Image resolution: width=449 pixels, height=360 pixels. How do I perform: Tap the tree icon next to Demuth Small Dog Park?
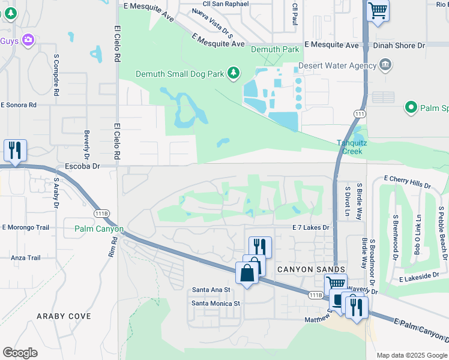[234, 74]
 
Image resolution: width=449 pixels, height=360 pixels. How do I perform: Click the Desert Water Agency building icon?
[385, 65]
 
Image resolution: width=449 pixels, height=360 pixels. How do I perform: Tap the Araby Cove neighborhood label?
[64, 316]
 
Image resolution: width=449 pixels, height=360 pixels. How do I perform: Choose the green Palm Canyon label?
[99, 229]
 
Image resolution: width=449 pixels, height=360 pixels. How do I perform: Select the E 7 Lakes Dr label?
[311, 227]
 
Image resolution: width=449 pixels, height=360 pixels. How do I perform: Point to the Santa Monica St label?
[215, 303]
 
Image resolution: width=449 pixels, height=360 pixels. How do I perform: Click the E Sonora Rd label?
[19, 104]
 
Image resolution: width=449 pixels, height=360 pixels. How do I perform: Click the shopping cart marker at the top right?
[378, 10]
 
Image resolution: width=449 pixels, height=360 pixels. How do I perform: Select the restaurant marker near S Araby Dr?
[14, 150]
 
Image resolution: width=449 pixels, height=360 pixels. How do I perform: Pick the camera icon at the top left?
[28, 40]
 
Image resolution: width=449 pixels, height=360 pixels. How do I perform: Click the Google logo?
[20, 353]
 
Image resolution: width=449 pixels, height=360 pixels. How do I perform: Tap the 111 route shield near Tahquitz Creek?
[360, 114]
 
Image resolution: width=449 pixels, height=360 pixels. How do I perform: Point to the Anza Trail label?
[25, 258]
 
